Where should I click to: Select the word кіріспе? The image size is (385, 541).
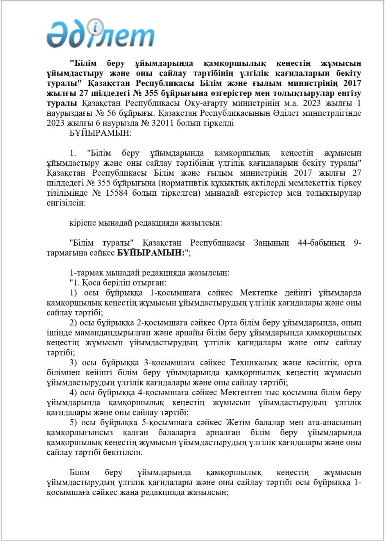(x=82, y=223)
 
